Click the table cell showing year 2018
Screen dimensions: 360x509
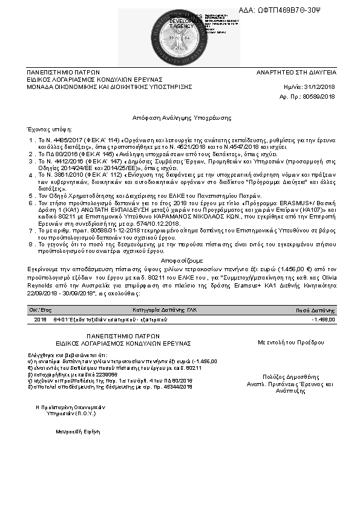pos(40,318)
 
